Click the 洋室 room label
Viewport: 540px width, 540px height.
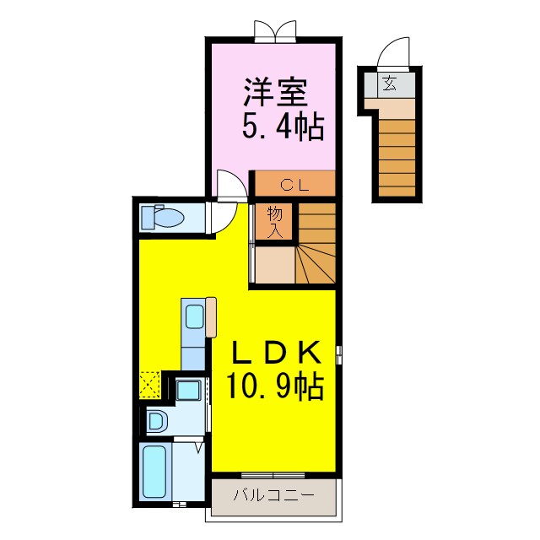(275, 92)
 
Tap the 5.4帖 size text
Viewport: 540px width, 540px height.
(283, 127)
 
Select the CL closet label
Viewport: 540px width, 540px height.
(294, 186)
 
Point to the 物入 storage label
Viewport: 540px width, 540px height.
(275, 222)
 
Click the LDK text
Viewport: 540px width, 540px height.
(277, 352)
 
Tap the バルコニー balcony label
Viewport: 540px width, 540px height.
(273, 495)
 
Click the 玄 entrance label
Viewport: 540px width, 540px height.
(389, 83)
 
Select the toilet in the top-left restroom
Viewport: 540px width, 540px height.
(163, 217)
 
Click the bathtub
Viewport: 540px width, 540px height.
(154, 472)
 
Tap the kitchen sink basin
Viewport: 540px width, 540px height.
(195, 316)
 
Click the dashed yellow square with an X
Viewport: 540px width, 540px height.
(150, 385)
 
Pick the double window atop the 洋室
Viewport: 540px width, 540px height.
(275, 31)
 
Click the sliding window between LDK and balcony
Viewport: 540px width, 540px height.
(273, 476)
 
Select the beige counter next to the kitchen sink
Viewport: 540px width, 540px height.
(211, 317)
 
